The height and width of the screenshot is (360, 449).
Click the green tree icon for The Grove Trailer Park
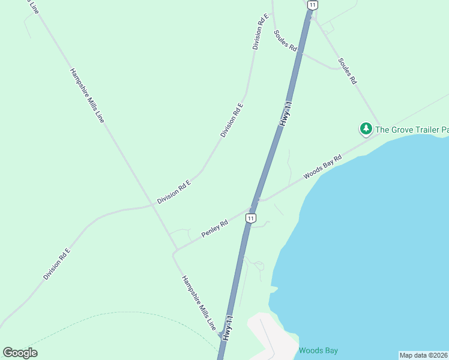(366, 128)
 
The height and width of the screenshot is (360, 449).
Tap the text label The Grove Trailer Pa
(412, 129)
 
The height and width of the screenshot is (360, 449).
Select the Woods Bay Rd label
(322, 166)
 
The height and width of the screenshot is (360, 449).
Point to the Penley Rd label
(214, 229)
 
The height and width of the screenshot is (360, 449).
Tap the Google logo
(20, 353)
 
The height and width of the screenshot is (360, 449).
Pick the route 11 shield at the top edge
(312, 5)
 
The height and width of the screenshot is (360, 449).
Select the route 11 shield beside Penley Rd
(251, 218)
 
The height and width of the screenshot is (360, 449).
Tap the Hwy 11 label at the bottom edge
(226, 328)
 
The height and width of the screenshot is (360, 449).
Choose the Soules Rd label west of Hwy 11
(286, 40)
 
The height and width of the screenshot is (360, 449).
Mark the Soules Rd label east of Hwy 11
(348, 70)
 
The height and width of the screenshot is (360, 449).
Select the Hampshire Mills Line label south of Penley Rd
(199, 303)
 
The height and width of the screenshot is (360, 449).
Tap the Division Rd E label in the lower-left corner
(56, 264)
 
